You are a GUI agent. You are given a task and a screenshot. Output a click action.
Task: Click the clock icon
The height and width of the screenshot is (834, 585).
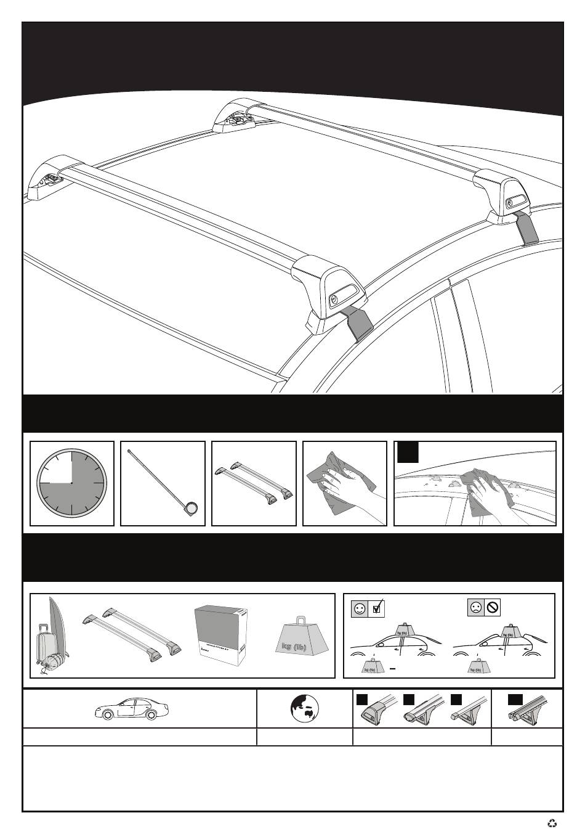pos(71,483)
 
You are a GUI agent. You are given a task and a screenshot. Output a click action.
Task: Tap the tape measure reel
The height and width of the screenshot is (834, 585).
pos(192,508)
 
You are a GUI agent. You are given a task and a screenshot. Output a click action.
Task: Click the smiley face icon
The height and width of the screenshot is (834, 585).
pos(360,608)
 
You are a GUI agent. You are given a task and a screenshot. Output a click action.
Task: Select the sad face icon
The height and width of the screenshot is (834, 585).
pos(476,608)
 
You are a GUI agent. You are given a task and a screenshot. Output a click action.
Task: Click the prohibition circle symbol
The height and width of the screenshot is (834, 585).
pos(492,608)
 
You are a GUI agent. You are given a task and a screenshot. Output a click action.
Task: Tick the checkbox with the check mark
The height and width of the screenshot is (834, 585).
pos(377,608)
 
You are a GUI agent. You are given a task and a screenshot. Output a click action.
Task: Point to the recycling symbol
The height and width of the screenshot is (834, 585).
pos(552,822)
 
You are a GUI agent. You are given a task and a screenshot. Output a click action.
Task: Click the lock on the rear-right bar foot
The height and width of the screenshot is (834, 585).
pos(510,204)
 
